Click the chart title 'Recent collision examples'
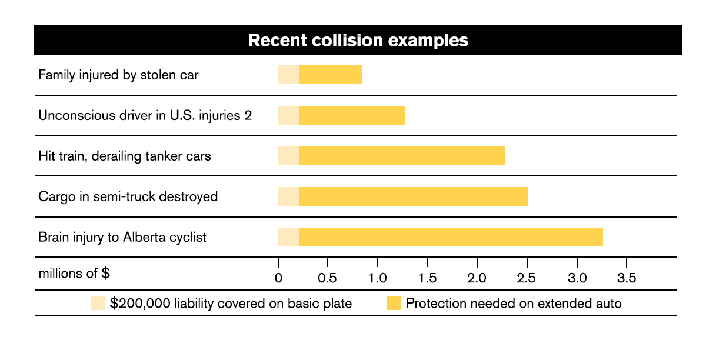point(358,41)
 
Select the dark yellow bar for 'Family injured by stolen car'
point(330,75)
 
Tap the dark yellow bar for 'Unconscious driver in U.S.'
point(351,116)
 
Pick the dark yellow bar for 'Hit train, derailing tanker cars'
point(401,156)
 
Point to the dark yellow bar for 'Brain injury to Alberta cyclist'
point(451,237)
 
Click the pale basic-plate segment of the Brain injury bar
point(288,237)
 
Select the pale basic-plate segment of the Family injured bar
point(288,75)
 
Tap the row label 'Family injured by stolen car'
point(118,75)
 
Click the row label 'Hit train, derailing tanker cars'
point(125,156)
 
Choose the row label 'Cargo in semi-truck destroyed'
point(128,196)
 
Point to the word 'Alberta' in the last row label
point(143,238)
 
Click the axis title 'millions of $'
point(74,274)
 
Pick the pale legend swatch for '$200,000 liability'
point(97,304)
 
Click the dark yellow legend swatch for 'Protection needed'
point(394,304)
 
